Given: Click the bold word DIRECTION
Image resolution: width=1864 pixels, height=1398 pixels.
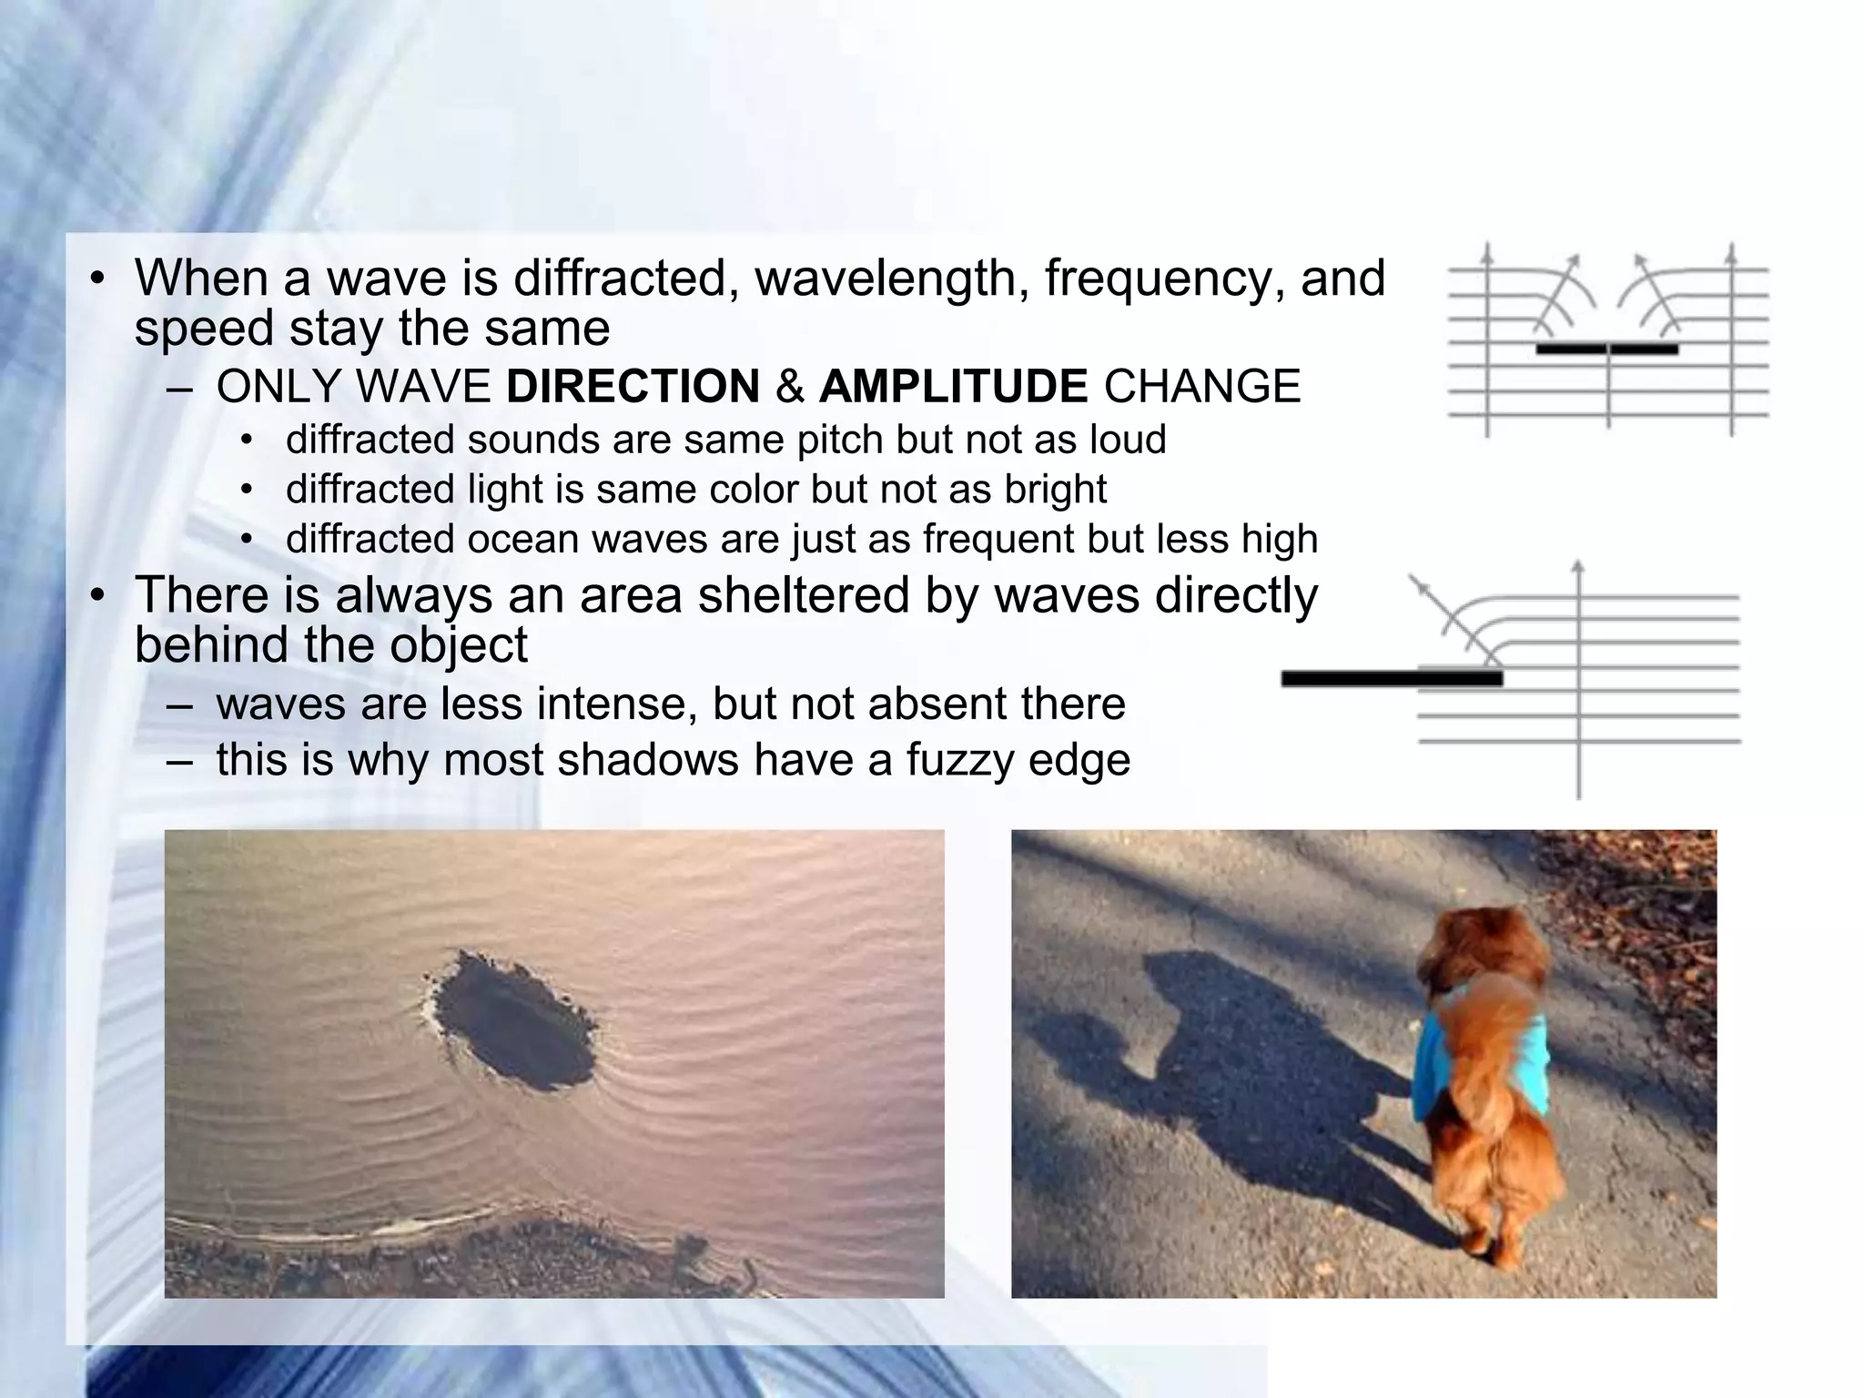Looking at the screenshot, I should [633, 387].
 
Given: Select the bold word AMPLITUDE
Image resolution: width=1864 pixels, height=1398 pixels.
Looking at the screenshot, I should [953, 387].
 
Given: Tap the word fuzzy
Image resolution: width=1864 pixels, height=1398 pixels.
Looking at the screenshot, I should [954, 760].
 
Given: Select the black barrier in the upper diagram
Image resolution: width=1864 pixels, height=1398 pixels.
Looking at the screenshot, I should [1606, 349].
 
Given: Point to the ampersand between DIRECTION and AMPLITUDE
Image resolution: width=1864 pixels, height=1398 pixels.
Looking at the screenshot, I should [790, 387].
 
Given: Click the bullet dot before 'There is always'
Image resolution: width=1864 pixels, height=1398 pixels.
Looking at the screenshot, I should [98, 597].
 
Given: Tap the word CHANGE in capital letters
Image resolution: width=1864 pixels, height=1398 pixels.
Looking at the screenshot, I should [1201, 387].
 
